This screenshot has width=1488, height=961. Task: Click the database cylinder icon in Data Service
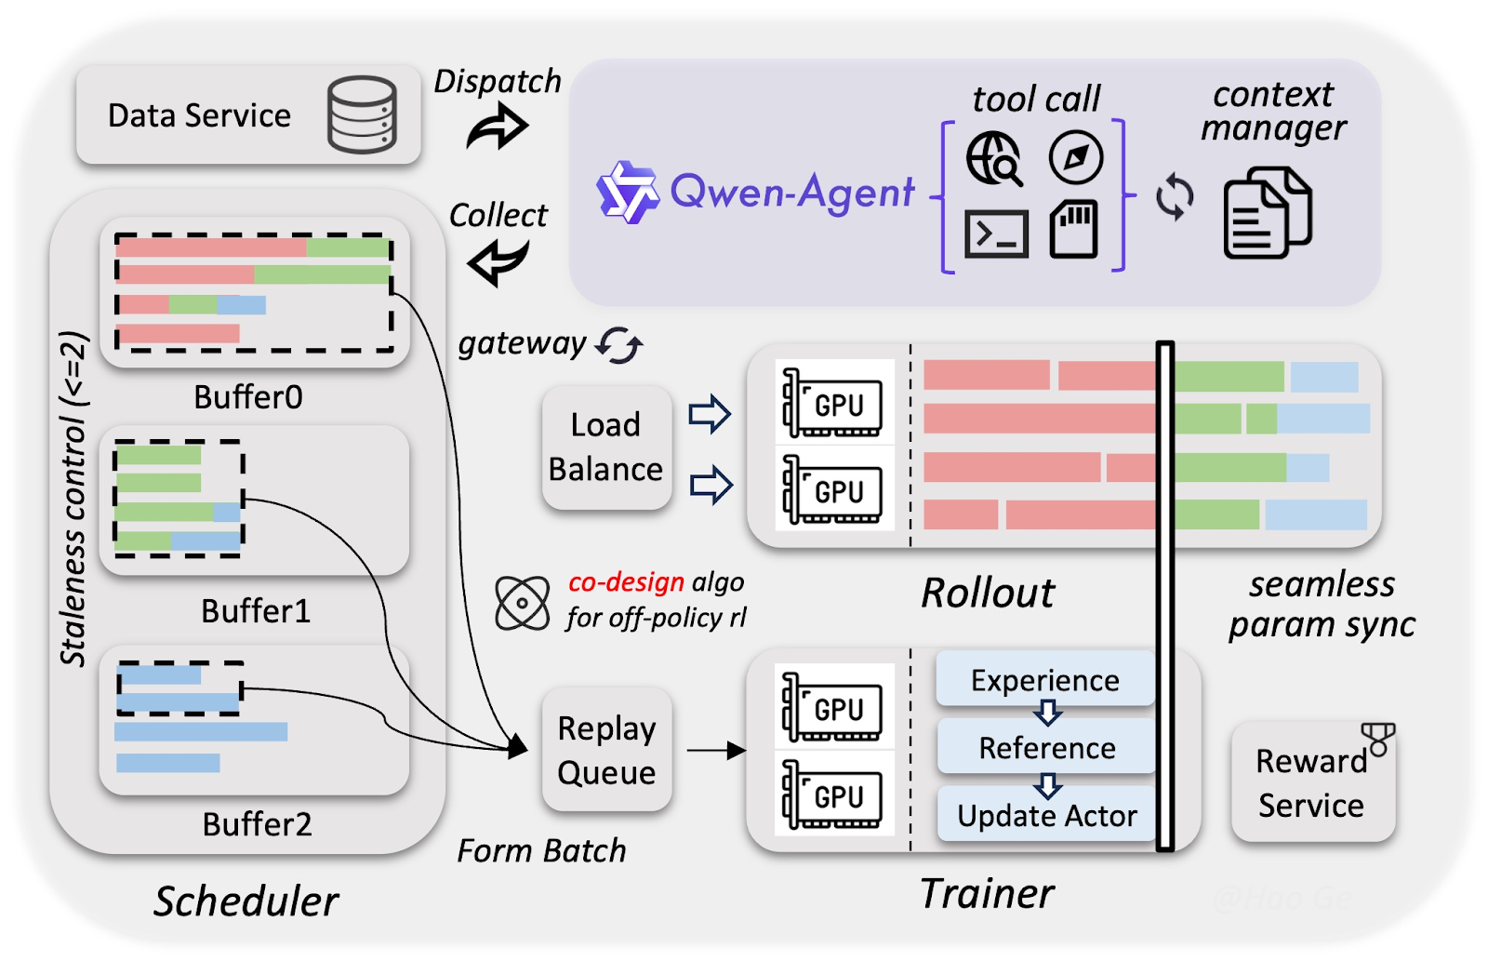(x=362, y=114)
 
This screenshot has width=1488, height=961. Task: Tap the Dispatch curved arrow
(x=498, y=127)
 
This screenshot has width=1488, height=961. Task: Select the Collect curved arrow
(x=498, y=262)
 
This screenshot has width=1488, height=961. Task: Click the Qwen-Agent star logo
(x=627, y=193)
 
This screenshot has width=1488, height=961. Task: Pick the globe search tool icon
(x=994, y=159)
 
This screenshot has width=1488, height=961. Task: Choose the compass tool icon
(x=1076, y=157)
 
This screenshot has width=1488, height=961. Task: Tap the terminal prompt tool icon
(x=996, y=234)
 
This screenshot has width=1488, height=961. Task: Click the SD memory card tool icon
(x=1074, y=230)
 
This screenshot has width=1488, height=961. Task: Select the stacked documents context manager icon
(x=1267, y=213)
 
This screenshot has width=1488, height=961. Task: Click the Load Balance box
(x=606, y=447)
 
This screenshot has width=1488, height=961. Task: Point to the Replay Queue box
(x=606, y=750)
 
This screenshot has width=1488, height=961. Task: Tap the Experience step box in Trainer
(x=1045, y=680)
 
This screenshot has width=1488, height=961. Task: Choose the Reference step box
(x=1046, y=748)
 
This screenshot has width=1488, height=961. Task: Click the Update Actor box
(x=1046, y=816)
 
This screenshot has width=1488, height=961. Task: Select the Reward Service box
(x=1311, y=783)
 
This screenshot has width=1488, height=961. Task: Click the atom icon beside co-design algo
(x=523, y=603)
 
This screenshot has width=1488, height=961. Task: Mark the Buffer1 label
(x=256, y=611)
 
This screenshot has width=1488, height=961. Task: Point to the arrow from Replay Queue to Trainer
(x=716, y=750)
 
